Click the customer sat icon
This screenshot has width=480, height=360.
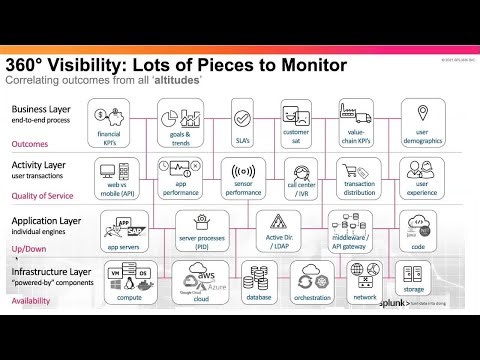(296, 112)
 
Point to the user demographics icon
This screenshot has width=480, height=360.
(421, 112)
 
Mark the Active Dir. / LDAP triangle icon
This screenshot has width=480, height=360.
(271, 225)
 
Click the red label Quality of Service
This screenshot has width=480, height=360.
(44, 195)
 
